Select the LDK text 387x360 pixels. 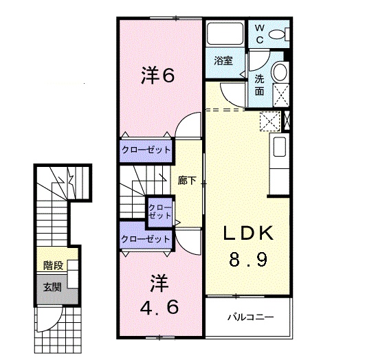[x=247, y=234]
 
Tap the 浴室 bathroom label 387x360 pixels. [x=223, y=60]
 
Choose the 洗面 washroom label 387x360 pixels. [x=260, y=84]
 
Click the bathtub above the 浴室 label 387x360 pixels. [x=223, y=35]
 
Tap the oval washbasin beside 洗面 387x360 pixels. [x=279, y=72]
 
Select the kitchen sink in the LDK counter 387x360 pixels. [x=280, y=147]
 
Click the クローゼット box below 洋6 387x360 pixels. [x=146, y=149]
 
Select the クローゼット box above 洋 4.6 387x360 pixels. [x=145, y=239]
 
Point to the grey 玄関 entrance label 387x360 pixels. [x=52, y=287]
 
